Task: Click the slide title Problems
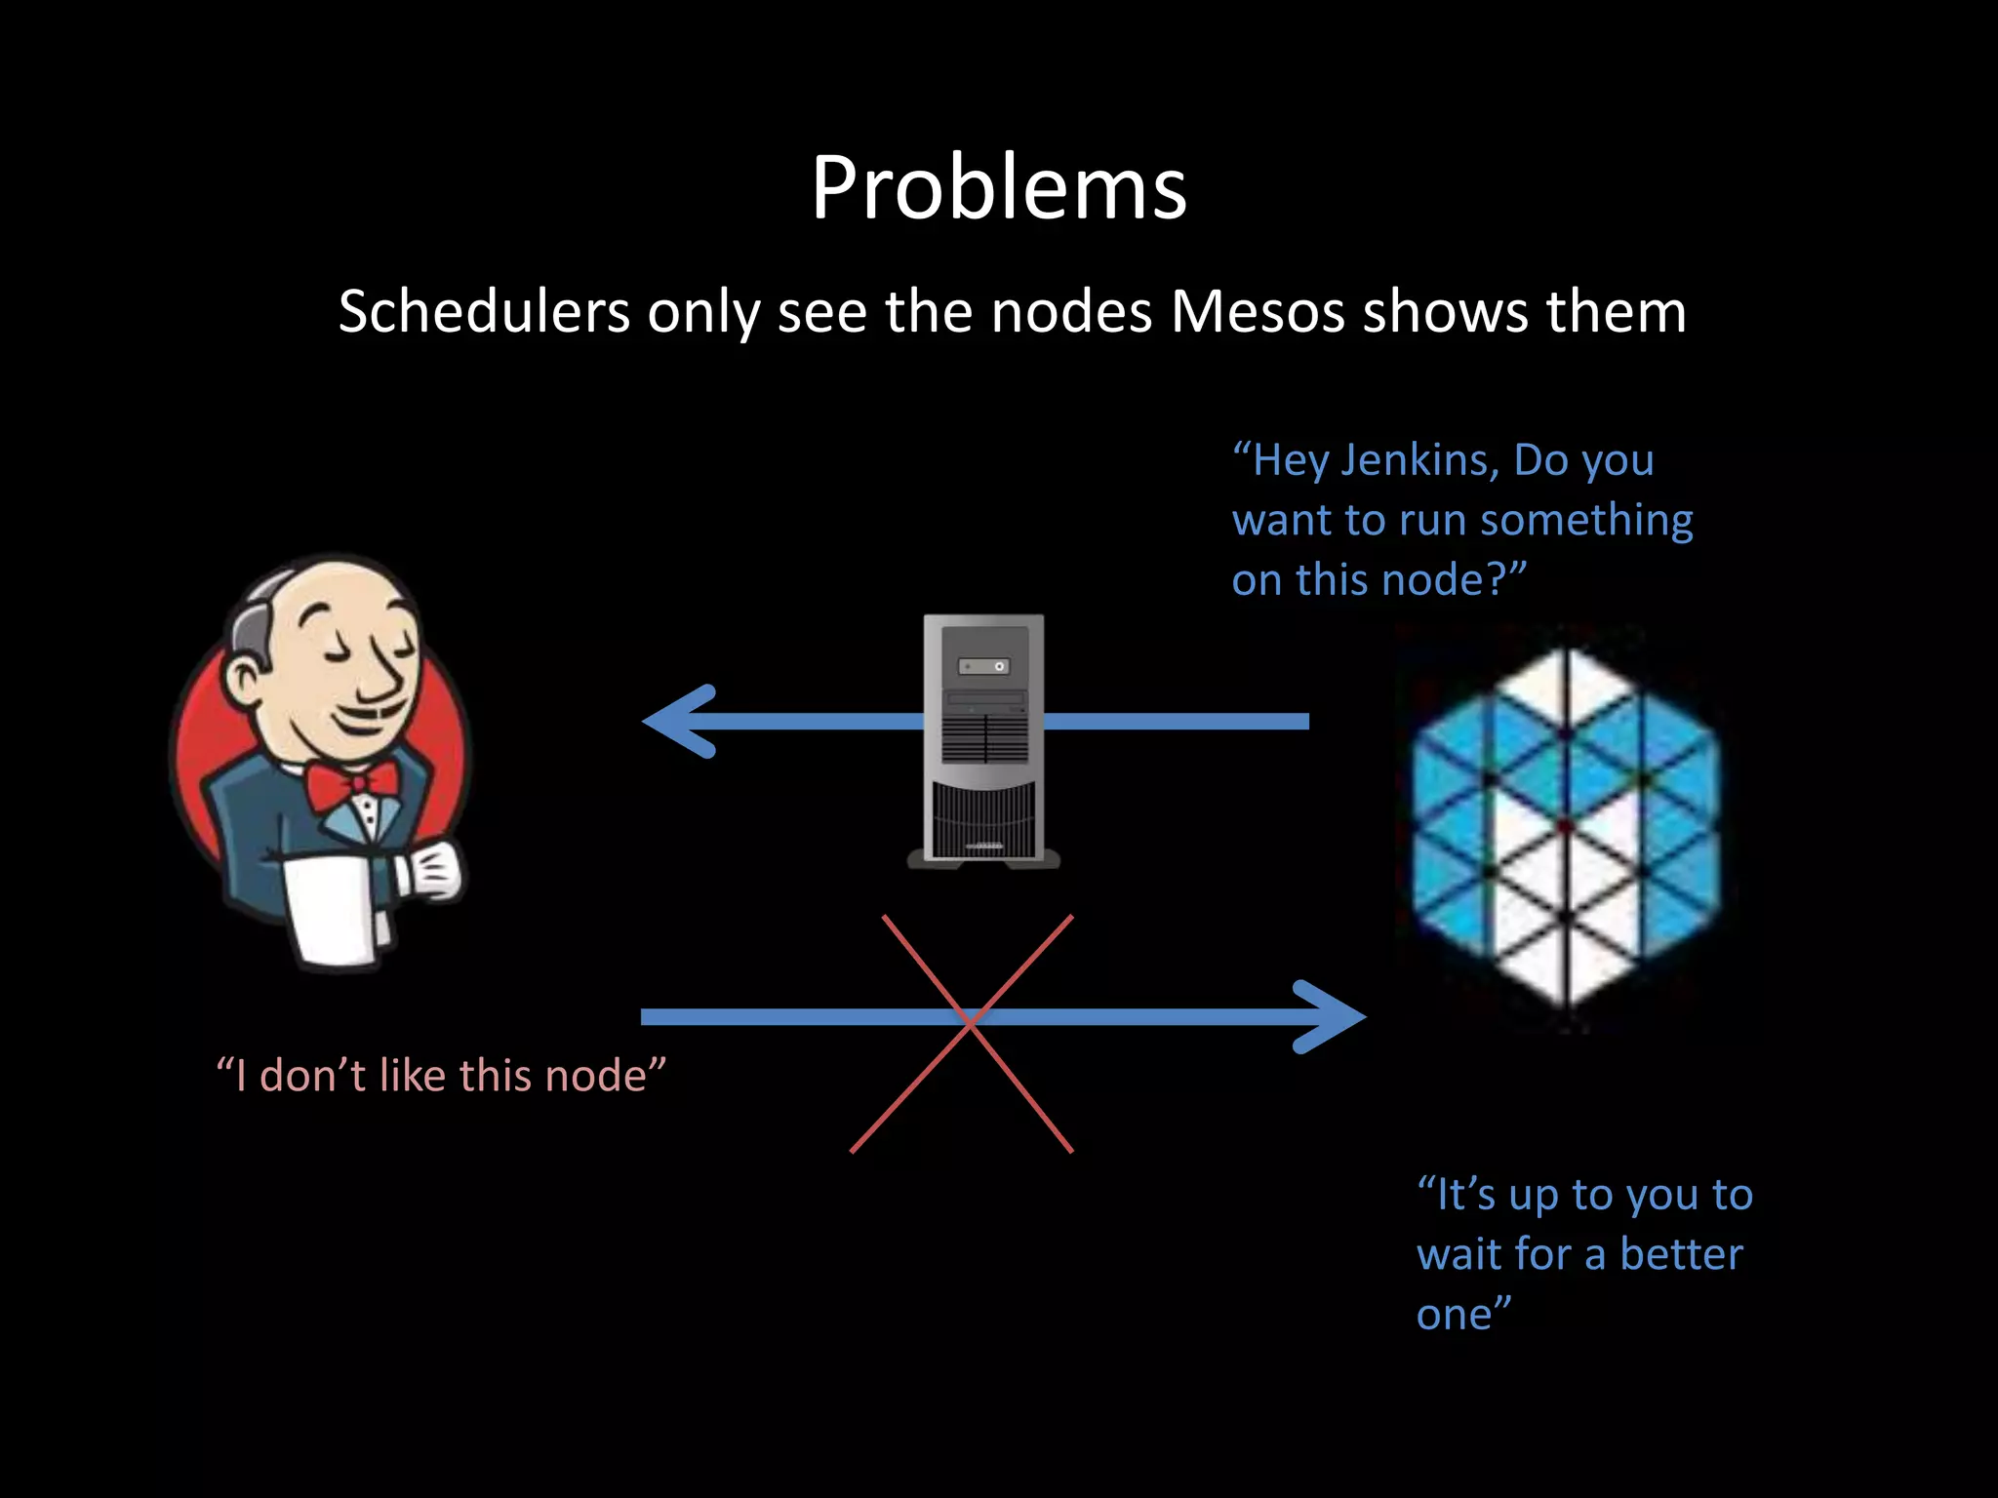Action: point(998,188)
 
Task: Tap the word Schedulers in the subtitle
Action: point(484,313)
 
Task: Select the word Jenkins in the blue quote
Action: point(1419,460)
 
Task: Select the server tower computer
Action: point(983,741)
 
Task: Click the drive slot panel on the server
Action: point(983,666)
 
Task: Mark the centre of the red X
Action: point(968,1021)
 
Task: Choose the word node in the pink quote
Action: point(595,1076)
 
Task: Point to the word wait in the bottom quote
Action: point(1455,1254)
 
